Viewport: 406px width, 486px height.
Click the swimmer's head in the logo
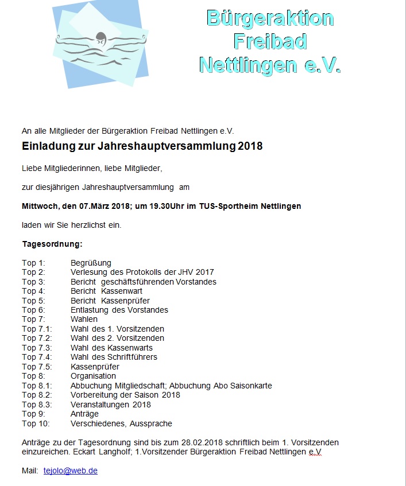pyautogui.click(x=102, y=38)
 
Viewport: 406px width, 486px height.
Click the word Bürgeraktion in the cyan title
pyautogui.click(x=269, y=18)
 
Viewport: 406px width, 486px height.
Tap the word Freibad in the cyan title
pyautogui.click(x=269, y=41)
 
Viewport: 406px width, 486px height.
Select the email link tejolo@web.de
pyautogui.click(x=70, y=471)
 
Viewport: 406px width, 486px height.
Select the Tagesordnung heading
pyautogui.click(x=52, y=244)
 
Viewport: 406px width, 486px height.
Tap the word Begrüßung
pyautogui.click(x=91, y=263)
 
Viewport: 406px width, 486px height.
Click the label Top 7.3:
pyautogui.click(x=37, y=348)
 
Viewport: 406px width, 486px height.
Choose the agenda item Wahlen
pyautogui.click(x=84, y=319)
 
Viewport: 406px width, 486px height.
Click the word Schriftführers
pyautogui.click(x=132, y=357)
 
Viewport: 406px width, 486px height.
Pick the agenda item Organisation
pyautogui.click(x=93, y=376)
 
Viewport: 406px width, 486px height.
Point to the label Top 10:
pyautogui.click(x=36, y=423)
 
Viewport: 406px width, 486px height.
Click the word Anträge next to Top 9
pyautogui.click(x=84, y=414)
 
